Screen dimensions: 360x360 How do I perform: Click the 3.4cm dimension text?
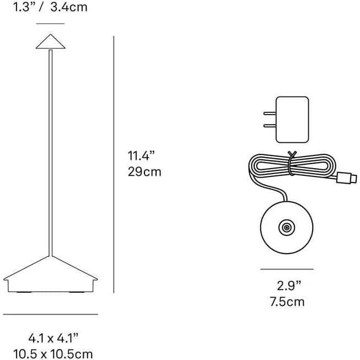pos(68,8)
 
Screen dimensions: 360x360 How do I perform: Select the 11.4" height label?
pos(139,155)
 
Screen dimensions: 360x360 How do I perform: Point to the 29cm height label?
pos(144,171)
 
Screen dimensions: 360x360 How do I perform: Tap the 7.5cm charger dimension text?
pos(287,302)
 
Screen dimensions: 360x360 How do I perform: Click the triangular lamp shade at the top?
pos(50,41)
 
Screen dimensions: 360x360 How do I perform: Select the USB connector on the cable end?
pos(348,178)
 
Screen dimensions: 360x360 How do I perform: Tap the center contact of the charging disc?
pos(286,227)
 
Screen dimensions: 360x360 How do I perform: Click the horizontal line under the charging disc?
pos(287,270)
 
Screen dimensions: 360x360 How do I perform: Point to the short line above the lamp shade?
pos(50,24)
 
